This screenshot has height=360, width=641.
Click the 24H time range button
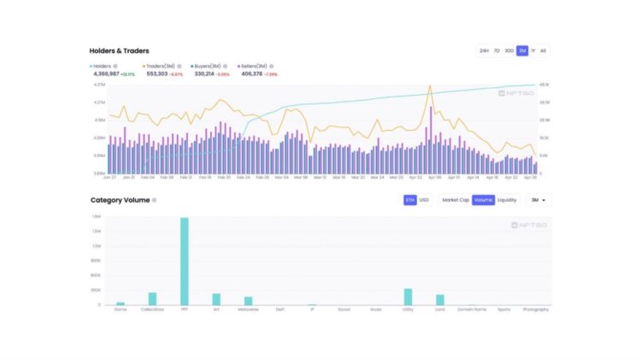(x=484, y=50)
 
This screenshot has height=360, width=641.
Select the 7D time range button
(x=497, y=50)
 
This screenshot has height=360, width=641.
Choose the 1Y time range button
(x=532, y=50)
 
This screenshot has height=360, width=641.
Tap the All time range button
(x=544, y=50)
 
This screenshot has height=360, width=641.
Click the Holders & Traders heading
(x=119, y=51)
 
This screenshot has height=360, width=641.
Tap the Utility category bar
(x=408, y=297)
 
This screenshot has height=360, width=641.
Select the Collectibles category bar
(x=152, y=298)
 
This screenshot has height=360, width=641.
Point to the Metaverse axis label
(x=248, y=310)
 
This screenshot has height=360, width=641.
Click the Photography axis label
(x=536, y=310)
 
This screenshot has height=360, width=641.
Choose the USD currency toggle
(x=424, y=200)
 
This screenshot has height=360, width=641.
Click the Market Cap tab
(x=455, y=200)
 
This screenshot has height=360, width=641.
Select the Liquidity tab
(x=507, y=200)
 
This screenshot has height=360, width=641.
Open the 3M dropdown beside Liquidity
(x=538, y=200)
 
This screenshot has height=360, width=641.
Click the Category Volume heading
(x=120, y=200)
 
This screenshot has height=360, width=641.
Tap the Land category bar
(x=440, y=299)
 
